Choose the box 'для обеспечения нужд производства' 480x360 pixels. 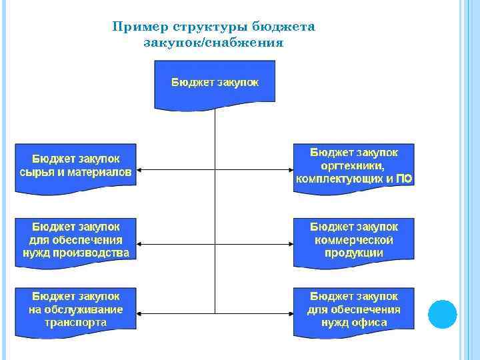[76, 240]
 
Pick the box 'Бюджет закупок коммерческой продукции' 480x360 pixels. [354, 240]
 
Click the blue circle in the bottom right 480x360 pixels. [442, 313]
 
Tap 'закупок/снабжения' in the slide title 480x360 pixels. [213, 43]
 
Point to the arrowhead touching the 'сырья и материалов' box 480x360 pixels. [141, 170]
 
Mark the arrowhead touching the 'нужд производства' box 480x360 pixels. [141, 243]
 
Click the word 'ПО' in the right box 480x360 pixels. [403, 179]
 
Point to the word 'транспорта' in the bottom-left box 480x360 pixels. [76, 323]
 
